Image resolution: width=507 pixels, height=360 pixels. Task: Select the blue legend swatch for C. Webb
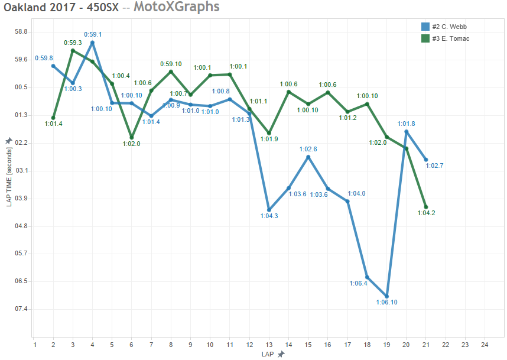425,27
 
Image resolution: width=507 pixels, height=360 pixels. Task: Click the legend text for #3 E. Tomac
451,38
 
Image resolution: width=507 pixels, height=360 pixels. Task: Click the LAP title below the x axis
268,354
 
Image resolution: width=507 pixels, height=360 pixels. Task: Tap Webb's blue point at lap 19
386,296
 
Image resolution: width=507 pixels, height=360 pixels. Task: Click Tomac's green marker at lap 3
73,50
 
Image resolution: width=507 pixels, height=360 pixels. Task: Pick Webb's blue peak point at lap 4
92,43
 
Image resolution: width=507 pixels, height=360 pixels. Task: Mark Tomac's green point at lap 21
425,207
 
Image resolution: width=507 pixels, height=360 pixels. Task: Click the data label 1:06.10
386,303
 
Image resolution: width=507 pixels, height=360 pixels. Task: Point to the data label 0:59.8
44,58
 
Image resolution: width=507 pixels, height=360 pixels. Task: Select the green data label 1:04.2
425,214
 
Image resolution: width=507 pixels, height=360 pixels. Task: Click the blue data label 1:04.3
269,216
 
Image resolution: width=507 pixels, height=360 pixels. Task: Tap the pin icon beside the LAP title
281,354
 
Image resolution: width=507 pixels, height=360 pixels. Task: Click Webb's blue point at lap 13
269,210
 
